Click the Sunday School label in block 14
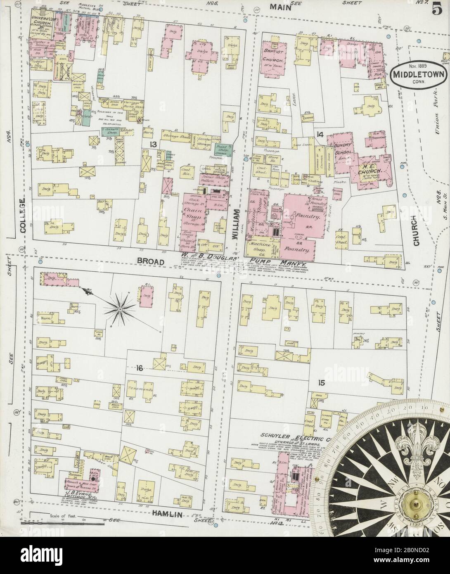342,149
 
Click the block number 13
154,144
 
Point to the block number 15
322,383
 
